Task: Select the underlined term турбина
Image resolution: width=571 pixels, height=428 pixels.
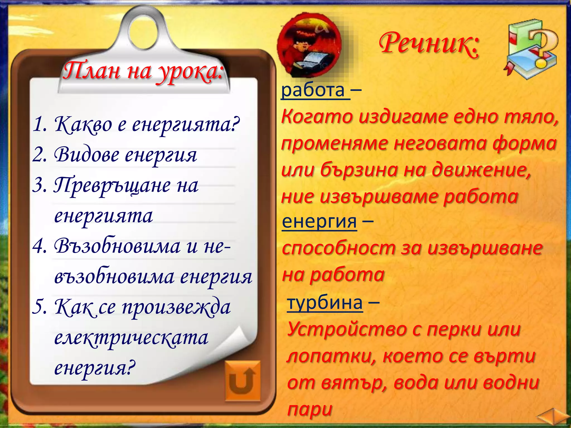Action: click(325, 303)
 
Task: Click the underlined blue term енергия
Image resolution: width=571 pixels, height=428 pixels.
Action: click(319, 222)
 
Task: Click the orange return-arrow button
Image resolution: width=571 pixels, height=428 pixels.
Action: click(242, 381)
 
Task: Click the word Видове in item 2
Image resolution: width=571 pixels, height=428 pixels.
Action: click(86, 155)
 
